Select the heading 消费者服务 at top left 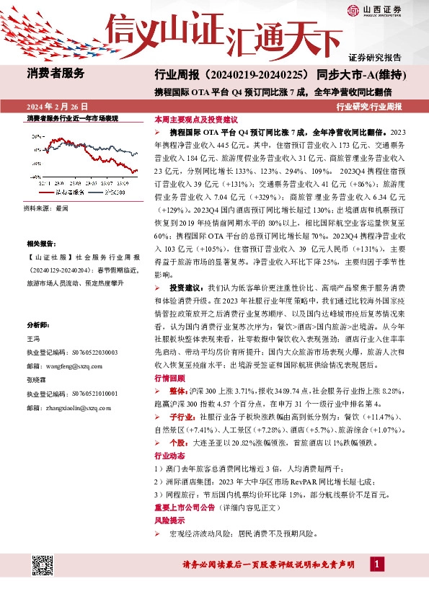click(56, 73)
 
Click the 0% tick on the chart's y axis click(34, 144)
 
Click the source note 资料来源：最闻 click(46, 208)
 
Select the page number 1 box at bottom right click(377, 562)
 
